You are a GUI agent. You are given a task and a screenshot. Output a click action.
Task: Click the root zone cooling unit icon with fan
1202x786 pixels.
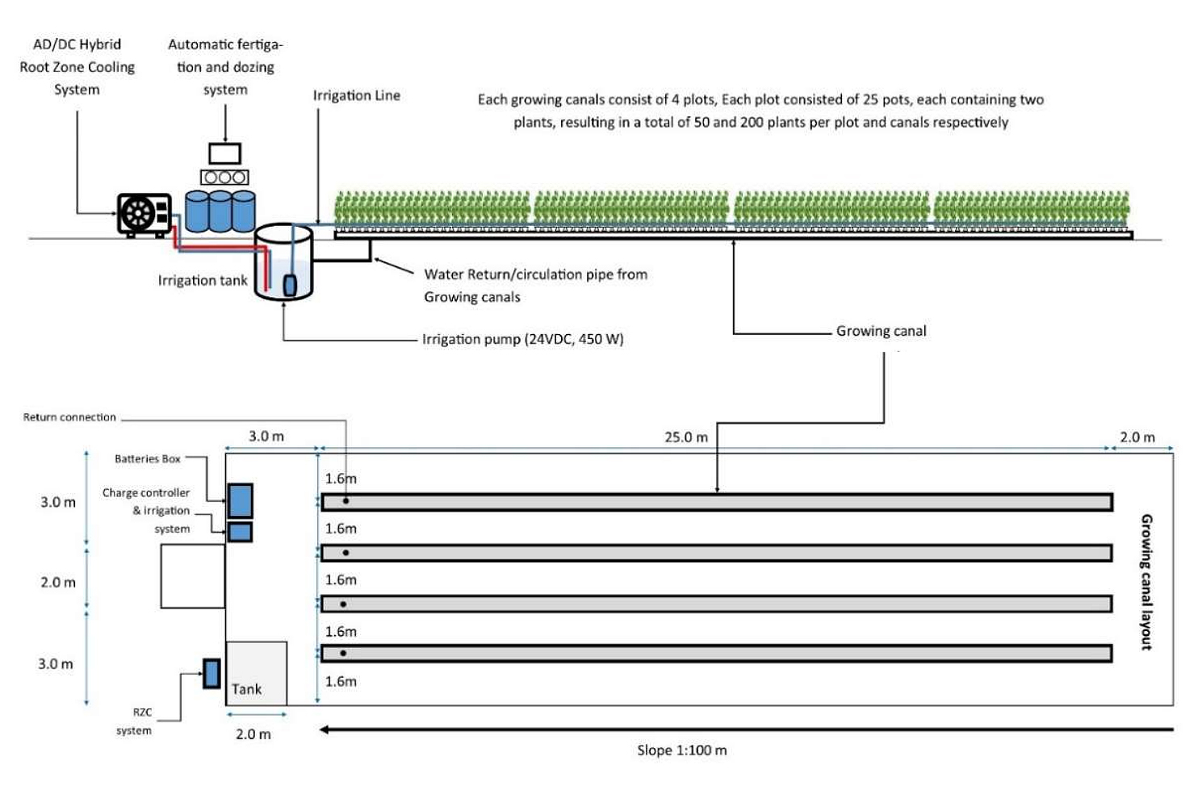point(144,214)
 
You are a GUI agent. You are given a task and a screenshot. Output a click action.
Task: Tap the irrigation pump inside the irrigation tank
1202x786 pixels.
point(290,285)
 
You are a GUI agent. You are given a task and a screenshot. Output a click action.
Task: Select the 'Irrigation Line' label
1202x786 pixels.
point(356,95)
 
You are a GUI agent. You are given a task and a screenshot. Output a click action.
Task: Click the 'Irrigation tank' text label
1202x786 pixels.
point(202,280)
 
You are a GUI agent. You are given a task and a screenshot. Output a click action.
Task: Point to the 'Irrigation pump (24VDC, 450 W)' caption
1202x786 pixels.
point(522,339)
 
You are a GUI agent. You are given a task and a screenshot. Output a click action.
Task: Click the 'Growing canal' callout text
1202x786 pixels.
point(881,331)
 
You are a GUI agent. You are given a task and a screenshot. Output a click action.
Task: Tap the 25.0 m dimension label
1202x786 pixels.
point(685,437)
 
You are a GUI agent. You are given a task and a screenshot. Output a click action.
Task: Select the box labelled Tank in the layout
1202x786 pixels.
point(256,673)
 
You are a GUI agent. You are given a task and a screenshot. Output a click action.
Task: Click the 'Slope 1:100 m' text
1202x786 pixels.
point(681,750)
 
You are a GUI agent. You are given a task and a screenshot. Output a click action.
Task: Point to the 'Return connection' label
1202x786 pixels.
point(69,417)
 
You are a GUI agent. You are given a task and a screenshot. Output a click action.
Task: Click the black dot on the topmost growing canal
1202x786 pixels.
point(346,501)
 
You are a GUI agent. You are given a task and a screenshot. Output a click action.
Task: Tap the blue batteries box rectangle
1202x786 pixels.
point(240,500)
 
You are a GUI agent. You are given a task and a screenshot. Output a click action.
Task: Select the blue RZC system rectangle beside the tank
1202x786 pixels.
point(212,673)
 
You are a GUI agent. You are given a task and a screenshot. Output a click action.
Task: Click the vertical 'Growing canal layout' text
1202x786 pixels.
point(1145,581)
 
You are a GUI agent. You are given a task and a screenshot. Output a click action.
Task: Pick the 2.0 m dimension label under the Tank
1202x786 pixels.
point(253,734)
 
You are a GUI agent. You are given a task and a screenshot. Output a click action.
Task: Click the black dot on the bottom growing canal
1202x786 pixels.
point(343,653)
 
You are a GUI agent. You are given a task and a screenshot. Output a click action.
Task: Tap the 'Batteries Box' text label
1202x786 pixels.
point(147,459)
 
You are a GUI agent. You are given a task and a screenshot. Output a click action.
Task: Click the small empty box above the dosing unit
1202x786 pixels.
point(224,153)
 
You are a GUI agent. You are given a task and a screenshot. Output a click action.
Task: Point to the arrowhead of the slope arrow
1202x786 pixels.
point(324,730)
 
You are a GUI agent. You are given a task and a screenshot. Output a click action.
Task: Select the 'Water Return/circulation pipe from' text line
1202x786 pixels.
point(535,274)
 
